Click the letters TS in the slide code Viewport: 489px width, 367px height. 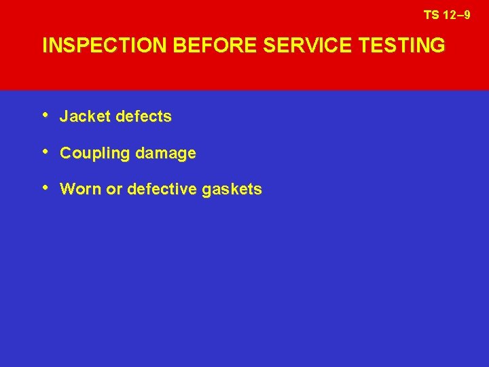[x=431, y=14]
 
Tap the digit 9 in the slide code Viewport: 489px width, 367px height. [x=467, y=14]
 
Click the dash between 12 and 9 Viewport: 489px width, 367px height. [x=458, y=14]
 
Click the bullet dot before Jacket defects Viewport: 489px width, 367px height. [x=46, y=115]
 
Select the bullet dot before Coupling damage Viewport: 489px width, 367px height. [x=46, y=152]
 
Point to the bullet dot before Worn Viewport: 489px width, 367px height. [x=46, y=188]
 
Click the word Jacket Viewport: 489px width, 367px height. [x=85, y=117]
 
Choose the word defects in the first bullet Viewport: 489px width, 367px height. [x=143, y=117]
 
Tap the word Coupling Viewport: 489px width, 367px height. [x=94, y=154]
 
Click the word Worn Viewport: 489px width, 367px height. [x=81, y=190]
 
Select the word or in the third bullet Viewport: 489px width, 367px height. [x=114, y=190]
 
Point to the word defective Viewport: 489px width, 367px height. [x=161, y=190]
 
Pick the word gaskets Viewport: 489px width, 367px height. [x=232, y=190]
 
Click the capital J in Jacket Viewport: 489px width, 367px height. [x=64, y=117]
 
